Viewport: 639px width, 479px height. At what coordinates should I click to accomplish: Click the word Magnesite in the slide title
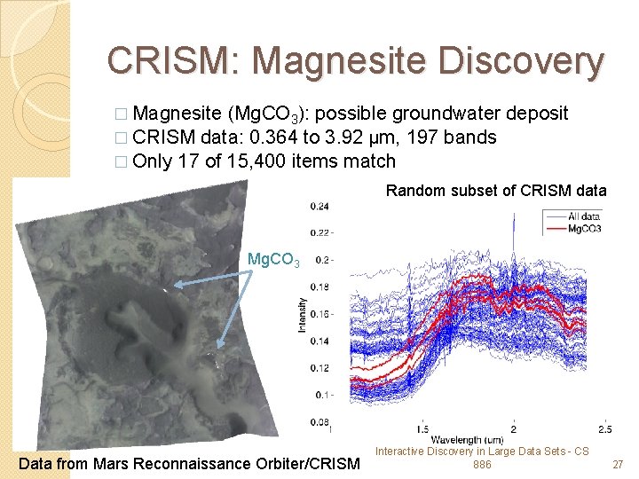[343, 60]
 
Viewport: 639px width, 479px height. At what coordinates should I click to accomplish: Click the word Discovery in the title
[523, 60]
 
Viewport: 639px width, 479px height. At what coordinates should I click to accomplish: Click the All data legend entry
[586, 216]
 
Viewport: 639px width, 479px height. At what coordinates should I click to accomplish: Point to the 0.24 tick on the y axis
[319, 207]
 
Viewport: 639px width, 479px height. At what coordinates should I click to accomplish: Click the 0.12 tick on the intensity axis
[319, 368]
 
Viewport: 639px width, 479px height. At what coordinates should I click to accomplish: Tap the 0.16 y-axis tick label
[319, 315]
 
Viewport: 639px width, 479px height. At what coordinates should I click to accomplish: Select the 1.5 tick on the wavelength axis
[423, 429]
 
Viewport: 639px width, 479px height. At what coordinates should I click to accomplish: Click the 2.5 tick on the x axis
[604, 429]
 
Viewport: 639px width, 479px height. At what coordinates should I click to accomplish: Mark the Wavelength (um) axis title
[468, 440]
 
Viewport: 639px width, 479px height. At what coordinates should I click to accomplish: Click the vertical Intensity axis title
[301, 315]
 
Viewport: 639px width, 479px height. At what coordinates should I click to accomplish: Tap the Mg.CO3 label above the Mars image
[273, 260]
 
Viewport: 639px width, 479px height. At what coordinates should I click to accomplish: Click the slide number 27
[619, 464]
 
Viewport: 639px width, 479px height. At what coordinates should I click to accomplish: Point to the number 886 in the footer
[482, 464]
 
